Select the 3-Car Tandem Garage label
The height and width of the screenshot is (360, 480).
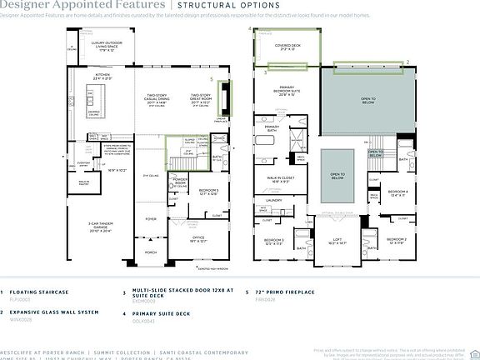[x=101, y=225]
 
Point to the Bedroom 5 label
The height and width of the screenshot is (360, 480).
[x=208, y=192]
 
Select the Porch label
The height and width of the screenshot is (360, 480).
[x=151, y=251]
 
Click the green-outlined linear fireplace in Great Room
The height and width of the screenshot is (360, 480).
[x=222, y=97]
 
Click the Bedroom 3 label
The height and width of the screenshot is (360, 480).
[x=275, y=242]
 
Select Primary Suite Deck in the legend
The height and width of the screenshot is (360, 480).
[x=155, y=312]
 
